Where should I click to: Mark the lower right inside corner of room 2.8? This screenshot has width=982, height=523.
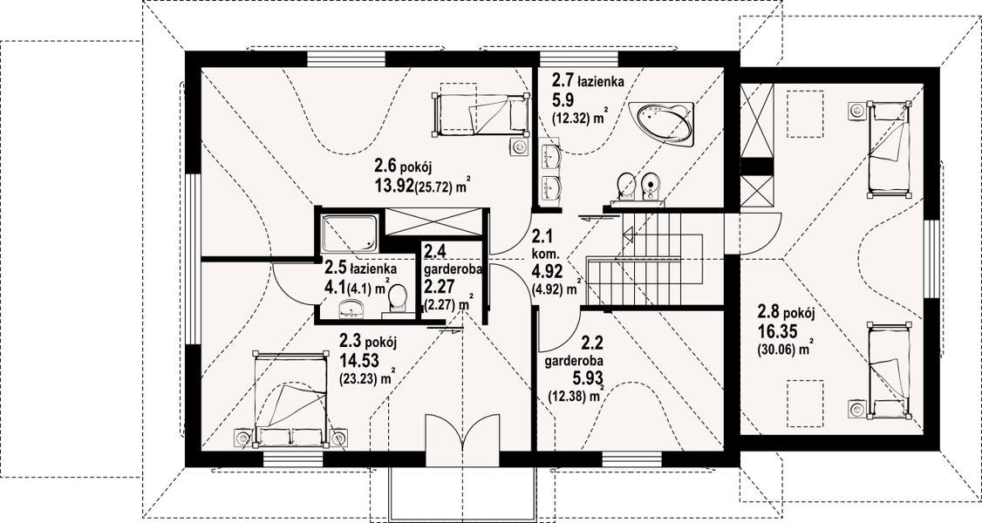pyautogui.click(x=924, y=436)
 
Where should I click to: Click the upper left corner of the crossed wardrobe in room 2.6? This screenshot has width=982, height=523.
pyautogui.click(x=385, y=208)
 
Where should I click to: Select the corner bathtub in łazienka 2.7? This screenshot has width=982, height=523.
pyautogui.click(x=663, y=121)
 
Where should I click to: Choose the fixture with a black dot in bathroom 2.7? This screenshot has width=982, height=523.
pyautogui.click(x=652, y=185)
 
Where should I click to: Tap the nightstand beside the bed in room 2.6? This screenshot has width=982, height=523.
pyautogui.click(x=519, y=146)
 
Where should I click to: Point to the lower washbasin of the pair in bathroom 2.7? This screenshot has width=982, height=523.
pyautogui.click(x=551, y=187)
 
